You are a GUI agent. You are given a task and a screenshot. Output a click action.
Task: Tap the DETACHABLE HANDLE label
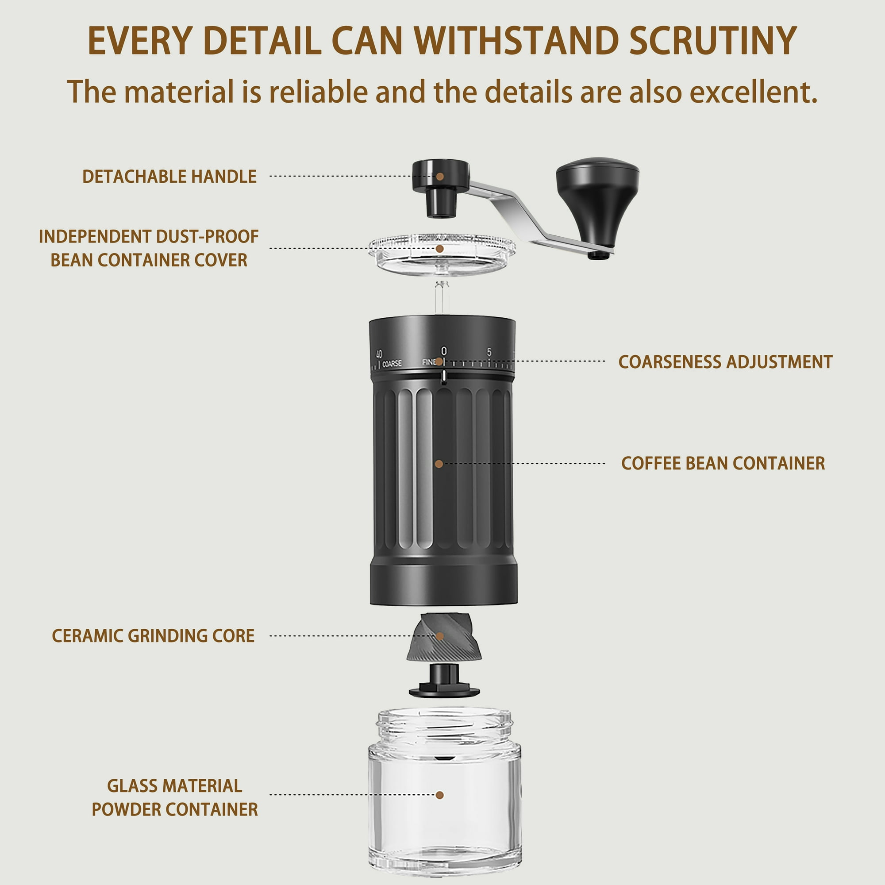click(x=169, y=177)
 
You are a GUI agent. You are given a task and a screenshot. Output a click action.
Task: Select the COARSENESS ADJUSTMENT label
click(x=725, y=362)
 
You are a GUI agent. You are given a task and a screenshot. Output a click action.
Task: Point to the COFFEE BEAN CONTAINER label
click(x=723, y=463)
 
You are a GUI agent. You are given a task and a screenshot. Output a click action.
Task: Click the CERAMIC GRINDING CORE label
click(x=153, y=636)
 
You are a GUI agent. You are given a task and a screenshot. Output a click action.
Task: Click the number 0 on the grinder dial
click(x=443, y=351)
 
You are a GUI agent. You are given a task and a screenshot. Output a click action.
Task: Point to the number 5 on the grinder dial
click(x=489, y=352)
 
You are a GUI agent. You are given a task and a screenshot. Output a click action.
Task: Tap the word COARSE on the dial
click(x=392, y=363)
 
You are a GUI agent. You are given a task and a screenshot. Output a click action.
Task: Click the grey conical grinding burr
click(x=444, y=637)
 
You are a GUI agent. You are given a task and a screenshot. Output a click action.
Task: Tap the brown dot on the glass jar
click(x=440, y=795)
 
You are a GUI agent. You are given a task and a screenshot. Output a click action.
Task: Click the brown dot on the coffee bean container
click(x=439, y=464)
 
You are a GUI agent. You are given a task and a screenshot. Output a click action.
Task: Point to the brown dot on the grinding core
click(x=440, y=636)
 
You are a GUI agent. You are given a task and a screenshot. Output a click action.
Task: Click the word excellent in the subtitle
click(x=754, y=92)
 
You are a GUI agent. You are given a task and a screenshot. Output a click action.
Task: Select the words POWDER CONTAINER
click(x=174, y=809)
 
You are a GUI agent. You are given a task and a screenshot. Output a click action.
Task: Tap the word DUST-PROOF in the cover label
click(x=207, y=236)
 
